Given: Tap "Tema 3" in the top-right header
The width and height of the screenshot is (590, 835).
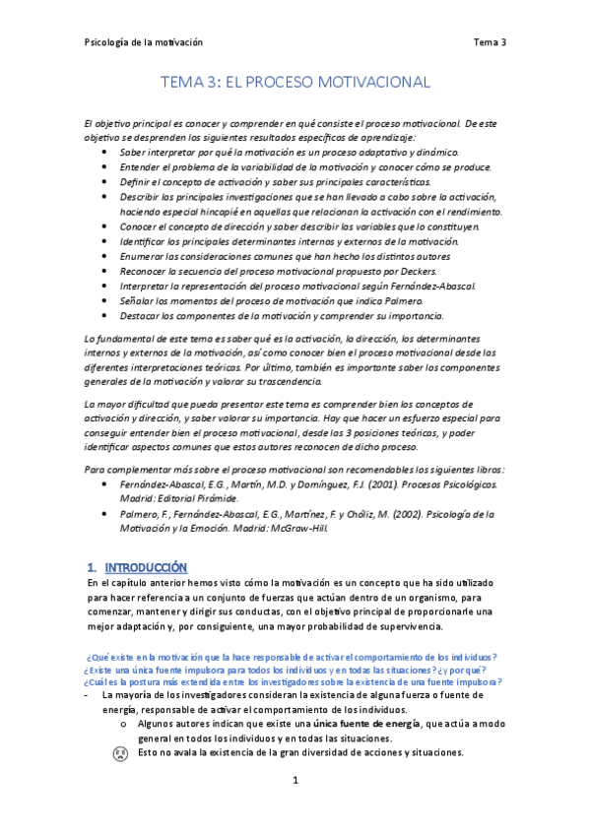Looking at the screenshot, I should (489, 42).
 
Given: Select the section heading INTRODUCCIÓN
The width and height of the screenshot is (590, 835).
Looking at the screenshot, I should (145, 567).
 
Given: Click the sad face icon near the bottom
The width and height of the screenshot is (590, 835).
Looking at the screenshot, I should (119, 754).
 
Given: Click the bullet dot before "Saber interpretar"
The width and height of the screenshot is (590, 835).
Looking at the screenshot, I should (105, 154).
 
